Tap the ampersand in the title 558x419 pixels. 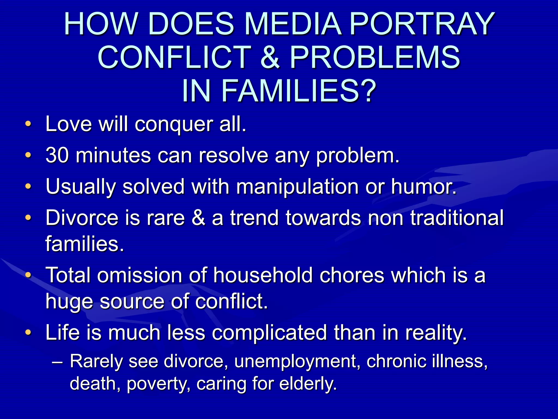click(x=270, y=57)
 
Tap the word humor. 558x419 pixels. click(x=424, y=187)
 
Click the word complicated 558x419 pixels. click(x=269, y=333)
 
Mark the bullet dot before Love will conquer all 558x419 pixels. click(x=28, y=124)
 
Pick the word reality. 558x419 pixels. click(x=436, y=333)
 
